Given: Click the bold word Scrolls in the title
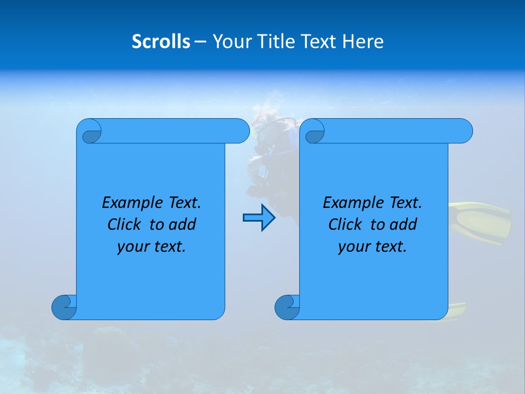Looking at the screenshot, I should pos(161,42).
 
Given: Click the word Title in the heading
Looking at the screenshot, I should pos(272,42).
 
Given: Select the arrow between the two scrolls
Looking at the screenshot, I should pos(259,218).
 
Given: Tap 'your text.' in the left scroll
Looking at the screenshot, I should pos(151,247).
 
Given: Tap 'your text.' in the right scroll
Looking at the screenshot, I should pos(372,247).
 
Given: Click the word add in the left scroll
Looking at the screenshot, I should pos(183,225).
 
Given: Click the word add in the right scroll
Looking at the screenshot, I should pos(404,225).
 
